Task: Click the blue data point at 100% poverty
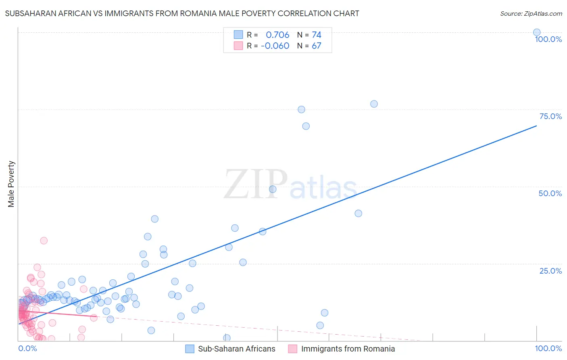coord(537,33)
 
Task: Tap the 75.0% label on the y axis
coord(550,116)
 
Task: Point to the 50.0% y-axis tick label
coord(550,193)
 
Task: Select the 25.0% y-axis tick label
coord(550,271)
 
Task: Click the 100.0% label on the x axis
coord(548,348)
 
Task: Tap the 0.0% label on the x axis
coord(27,348)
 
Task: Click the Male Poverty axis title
coord(11,184)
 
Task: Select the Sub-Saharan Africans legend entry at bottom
coord(230,349)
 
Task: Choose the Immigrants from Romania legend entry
coord(342,349)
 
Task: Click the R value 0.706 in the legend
coord(277,35)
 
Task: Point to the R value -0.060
coord(275,46)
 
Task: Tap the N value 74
coord(317,35)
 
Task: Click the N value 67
coord(317,46)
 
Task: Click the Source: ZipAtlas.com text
coord(531,13)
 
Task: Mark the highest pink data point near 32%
coord(44,241)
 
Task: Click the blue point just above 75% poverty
coord(374,104)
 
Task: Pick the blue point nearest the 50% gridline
coord(273,189)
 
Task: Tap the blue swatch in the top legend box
coord(238,35)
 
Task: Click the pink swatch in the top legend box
coord(238,46)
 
